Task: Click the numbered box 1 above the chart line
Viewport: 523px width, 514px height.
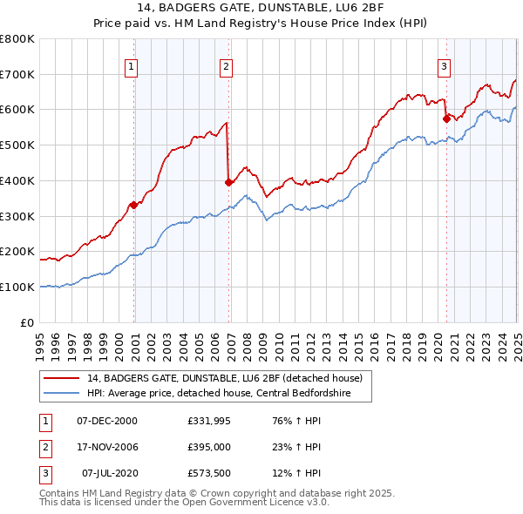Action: tap(131, 65)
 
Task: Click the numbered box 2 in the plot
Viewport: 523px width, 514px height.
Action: tap(226, 65)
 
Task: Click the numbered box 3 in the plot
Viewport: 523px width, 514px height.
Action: tap(444, 65)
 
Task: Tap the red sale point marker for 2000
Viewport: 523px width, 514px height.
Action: tap(133, 205)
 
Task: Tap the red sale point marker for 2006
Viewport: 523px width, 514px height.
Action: tap(228, 182)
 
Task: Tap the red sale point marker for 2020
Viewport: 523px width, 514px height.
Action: tap(446, 118)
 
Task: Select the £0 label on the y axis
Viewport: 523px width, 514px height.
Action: tap(28, 322)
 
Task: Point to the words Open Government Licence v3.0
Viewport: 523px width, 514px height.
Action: tap(253, 503)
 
